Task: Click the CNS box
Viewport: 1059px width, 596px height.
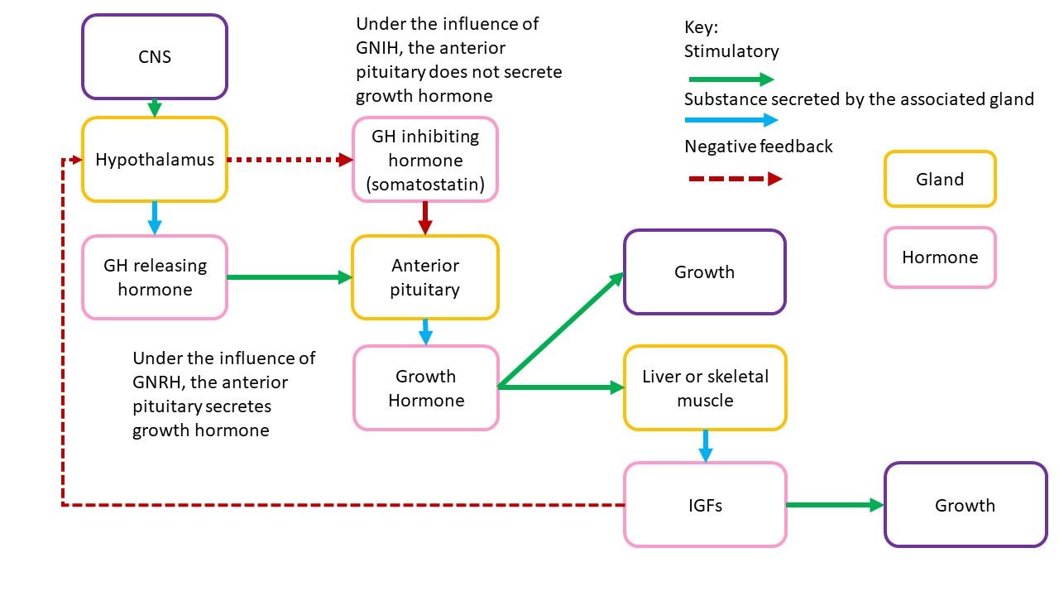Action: [155, 57]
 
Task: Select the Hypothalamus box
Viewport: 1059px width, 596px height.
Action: [155, 160]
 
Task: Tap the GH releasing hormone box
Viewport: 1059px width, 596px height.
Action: [155, 277]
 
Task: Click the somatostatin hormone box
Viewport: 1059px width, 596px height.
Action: [425, 160]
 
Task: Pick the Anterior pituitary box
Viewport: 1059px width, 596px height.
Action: [425, 277]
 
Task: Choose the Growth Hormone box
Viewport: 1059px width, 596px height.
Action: [426, 388]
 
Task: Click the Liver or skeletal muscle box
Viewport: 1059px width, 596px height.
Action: [705, 388]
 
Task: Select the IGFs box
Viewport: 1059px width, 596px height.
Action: [705, 505]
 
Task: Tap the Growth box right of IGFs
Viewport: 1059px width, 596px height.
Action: [966, 505]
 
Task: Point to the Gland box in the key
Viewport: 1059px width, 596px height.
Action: [940, 179]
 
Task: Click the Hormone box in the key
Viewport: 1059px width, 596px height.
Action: [940, 257]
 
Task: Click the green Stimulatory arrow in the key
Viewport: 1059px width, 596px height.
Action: [731, 79]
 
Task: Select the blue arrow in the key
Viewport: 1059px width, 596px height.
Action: [731, 120]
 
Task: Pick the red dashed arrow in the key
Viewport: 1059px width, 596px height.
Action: [736, 179]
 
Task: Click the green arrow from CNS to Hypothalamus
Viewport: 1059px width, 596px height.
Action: [155, 108]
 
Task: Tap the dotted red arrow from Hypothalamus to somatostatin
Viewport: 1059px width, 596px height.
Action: [290, 160]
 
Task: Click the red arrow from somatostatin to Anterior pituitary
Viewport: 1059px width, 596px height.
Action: [425, 219]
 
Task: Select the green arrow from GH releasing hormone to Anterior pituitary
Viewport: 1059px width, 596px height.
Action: [290, 277]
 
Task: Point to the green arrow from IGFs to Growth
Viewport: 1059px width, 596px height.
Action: [835, 505]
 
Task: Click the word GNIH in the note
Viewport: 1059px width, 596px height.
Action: [379, 48]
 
